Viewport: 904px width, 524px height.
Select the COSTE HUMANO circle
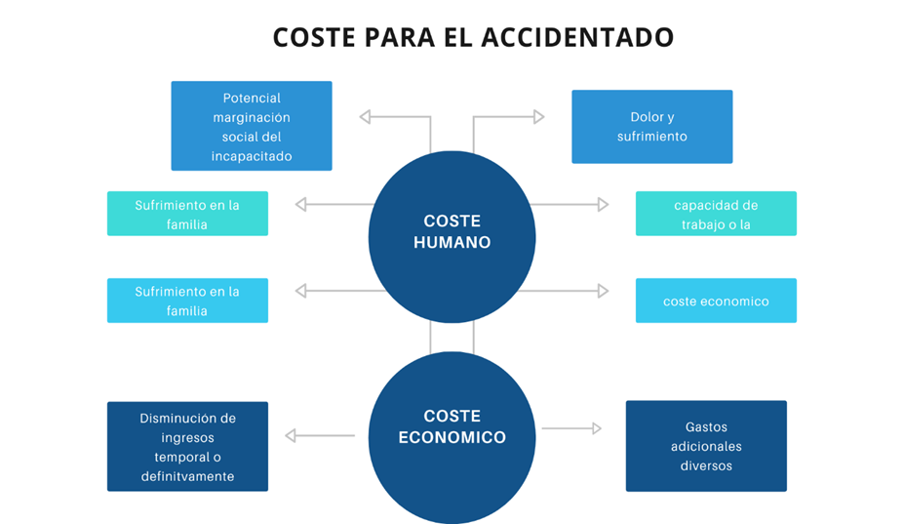pyautogui.click(x=452, y=232)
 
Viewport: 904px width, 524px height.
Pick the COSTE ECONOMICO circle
pyautogui.click(x=452, y=429)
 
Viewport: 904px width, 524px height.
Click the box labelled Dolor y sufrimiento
pyautogui.click(x=651, y=127)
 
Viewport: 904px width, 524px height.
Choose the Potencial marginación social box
pyautogui.click(x=252, y=126)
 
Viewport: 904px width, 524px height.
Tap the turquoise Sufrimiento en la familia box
pyautogui.click(x=187, y=214)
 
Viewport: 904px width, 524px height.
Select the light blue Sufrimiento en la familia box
pyautogui.click(x=187, y=301)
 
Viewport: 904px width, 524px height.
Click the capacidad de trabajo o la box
pyautogui.click(x=716, y=214)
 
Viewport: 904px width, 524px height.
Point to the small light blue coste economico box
pyautogui.click(x=716, y=301)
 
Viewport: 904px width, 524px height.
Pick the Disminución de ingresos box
pyautogui.click(x=187, y=446)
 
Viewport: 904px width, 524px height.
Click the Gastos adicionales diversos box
pyautogui.click(x=706, y=446)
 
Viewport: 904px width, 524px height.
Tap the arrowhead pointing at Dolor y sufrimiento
pyautogui.click(x=538, y=117)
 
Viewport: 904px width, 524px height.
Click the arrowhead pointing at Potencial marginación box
pyautogui.click(x=365, y=117)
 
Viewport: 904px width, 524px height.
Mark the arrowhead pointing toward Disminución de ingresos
pyautogui.click(x=291, y=436)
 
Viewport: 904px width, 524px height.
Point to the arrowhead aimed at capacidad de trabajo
pyautogui.click(x=603, y=205)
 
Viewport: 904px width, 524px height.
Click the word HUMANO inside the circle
pyautogui.click(x=452, y=242)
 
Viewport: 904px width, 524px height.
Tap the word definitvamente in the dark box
pyautogui.click(x=187, y=476)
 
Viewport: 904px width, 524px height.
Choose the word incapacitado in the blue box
pyautogui.click(x=252, y=156)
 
